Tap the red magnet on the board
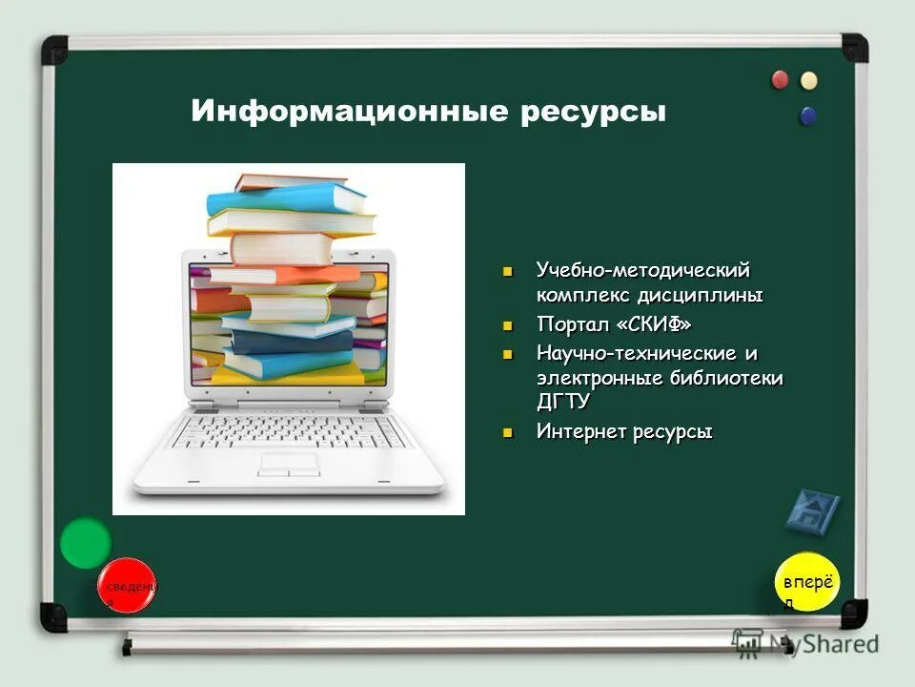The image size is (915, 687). tap(781, 80)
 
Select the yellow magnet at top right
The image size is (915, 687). tap(809, 80)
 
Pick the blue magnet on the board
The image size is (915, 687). tap(809, 115)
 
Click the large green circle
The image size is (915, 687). tap(86, 543)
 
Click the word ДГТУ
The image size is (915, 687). tap(563, 401)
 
